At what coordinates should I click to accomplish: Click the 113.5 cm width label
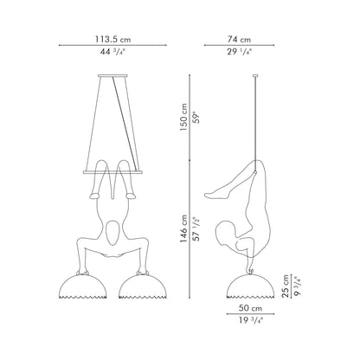112,39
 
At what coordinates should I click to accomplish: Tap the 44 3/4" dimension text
113,52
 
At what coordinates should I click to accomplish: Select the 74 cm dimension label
239,39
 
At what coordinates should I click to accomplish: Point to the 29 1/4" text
239,52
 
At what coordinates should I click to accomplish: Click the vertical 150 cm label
183,117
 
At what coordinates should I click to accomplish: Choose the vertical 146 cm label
183,228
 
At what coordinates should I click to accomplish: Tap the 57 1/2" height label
196,228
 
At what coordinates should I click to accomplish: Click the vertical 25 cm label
285,286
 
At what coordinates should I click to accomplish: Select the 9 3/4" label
298,286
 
